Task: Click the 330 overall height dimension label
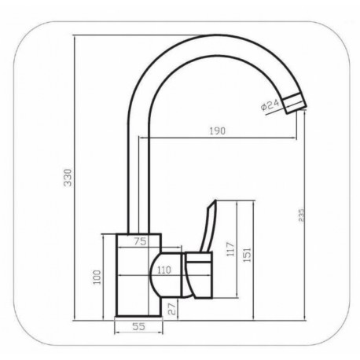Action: point(68,178)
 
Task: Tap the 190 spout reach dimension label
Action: point(218,130)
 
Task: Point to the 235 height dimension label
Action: point(302,215)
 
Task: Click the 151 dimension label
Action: point(247,255)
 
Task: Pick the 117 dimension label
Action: point(230,249)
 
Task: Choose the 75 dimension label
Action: point(140,241)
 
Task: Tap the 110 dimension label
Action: point(164,270)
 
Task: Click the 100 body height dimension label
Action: point(97,277)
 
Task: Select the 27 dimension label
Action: point(172,310)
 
